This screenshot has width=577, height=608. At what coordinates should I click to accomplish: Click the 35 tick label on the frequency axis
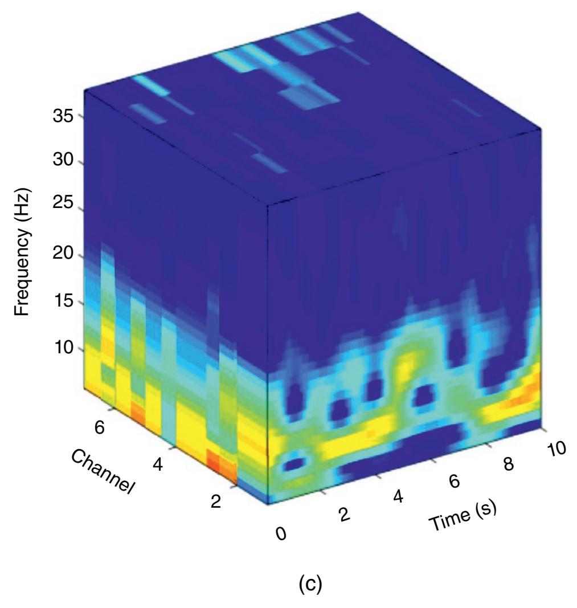coord(62,116)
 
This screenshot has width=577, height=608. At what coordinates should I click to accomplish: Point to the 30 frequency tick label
coord(62,161)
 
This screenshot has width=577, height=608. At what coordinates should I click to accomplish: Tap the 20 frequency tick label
coord(62,254)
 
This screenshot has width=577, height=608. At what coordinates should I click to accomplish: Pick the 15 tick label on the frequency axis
coord(62,301)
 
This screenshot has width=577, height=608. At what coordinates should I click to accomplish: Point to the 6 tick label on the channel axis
coord(100,429)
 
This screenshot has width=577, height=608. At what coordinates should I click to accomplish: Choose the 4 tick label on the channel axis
coord(158,466)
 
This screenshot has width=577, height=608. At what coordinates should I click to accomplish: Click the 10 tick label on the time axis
coord(556,448)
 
